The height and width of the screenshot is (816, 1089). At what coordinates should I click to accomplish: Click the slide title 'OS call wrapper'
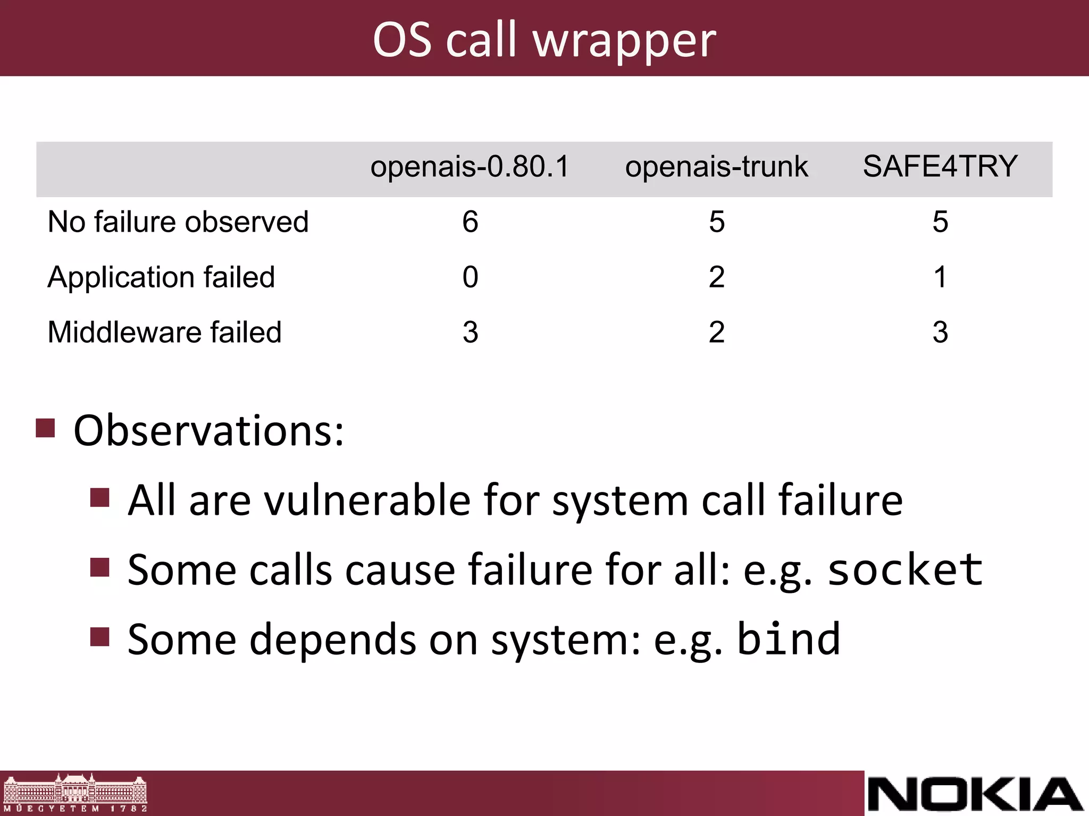point(544,40)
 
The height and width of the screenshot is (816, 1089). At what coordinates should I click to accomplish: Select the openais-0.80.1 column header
point(470,166)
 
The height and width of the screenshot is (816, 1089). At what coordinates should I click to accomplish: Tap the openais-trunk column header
point(716,166)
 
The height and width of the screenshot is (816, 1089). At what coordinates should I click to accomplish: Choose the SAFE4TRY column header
point(940,166)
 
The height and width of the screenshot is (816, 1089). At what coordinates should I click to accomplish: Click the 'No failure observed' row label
point(178,222)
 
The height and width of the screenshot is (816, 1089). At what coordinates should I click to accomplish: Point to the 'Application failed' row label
point(161,277)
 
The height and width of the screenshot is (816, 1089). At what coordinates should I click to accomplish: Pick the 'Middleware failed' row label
point(164,333)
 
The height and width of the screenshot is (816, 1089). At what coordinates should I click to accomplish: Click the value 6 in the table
point(470,222)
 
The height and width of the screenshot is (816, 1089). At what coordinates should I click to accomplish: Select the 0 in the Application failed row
point(470,277)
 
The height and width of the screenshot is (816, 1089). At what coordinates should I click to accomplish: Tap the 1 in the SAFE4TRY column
point(940,277)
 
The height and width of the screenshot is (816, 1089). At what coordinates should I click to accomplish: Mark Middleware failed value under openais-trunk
point(716,333)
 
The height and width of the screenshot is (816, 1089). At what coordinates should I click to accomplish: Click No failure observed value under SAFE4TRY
point(940,222)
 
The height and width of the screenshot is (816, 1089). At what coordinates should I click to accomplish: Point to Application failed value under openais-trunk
point(716,277)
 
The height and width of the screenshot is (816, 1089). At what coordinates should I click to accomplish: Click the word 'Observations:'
point(208,430)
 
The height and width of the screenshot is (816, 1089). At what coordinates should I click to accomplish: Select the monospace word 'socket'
point(905,569)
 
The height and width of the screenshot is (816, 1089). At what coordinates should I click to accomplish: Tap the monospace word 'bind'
point(789,639)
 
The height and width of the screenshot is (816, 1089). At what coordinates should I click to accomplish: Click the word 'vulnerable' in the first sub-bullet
point(367,500)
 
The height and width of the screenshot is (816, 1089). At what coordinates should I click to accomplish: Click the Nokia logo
point(975,794)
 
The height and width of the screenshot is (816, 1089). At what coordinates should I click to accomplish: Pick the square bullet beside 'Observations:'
point(46,428)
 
